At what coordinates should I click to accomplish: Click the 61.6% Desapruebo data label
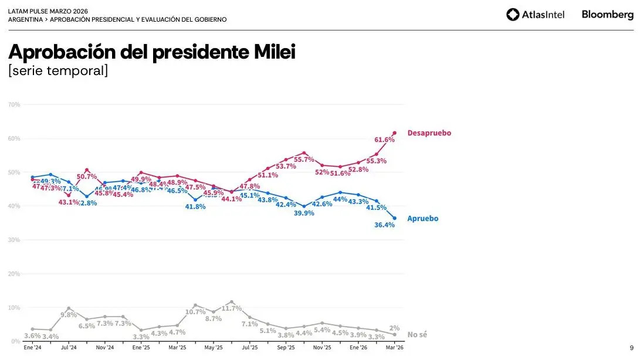pyautogui.click(x=384, y=140)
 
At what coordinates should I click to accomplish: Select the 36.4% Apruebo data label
pyautogui.click(x=384, y=225)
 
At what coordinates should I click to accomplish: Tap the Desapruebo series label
pyautogui.click(x=429, y=133)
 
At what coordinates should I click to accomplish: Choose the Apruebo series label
pyautogui.click(x=422, y=219)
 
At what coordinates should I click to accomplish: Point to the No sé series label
pyautogui.click(x=417, y=334)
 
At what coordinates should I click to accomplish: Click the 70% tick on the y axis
pyautogui.click(x=14, y=104)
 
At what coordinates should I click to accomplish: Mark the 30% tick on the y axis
pyautogui.click(x=14, y=240)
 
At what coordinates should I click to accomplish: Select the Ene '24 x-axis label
pyautogui.click(x=32, y=348)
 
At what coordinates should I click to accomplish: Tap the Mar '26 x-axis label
pyautogui.click(x=394, y=348)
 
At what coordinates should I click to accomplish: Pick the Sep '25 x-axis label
pyautogui.click(x=286, y=348)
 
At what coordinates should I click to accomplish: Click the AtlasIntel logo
pyautogui.click(x=535, y=15)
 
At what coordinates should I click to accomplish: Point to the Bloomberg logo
pyautogui.click(x=607, y=15)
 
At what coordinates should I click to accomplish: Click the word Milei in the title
pyautogui.click(x=274, y=53)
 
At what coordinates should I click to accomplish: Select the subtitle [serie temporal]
pyautogui.click(x=58, y=71)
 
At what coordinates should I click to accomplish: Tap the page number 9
pyautogui.click(x=631, y=348)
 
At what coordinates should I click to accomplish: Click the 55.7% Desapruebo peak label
pyautogui.click(x=305, y=159)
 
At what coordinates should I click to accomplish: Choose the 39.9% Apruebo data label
pyautogui.click(x=304, y=213)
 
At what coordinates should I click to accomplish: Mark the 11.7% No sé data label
pyautogui.click(x=232, y=308)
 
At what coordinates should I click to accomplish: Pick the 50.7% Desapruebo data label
pyautogui.click(x=87, y=176)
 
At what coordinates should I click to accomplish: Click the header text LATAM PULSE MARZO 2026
pyautogui.click(x=48, y=11)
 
